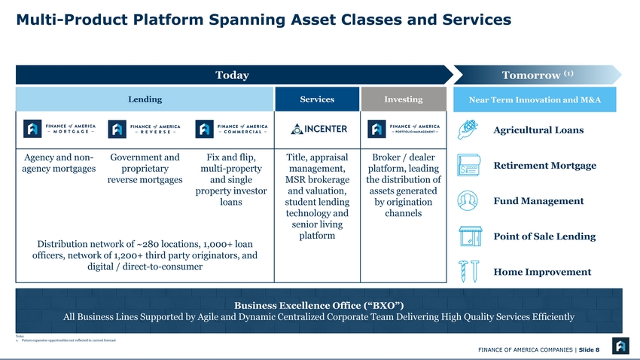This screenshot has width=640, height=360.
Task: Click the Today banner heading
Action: click(232, 75)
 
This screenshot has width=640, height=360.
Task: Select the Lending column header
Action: click(144, 99)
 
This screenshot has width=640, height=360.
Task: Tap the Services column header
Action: click(317, 99)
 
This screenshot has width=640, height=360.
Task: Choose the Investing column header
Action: click(404, 99)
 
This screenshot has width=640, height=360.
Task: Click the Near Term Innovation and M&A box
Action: click(535, 100)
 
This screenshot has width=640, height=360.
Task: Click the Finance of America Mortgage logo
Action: click(59, 129)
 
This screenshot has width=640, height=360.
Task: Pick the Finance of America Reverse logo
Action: click(145, 129)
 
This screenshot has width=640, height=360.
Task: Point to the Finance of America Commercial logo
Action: click(231, 129)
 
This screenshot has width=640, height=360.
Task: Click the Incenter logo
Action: click(318, 129)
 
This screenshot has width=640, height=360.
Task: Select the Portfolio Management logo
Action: click(404, 129)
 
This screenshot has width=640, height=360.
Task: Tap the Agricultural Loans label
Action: click(538, 130)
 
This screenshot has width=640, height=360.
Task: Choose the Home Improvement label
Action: click(542, 272)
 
